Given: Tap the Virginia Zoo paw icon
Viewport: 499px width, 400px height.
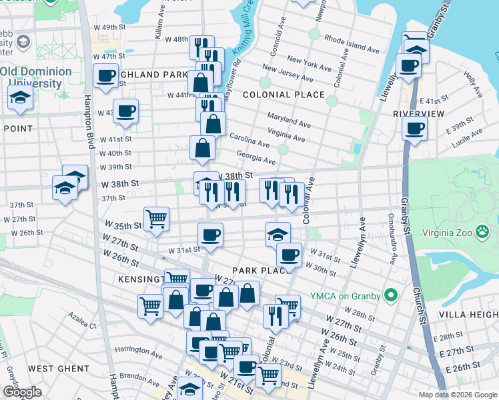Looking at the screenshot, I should coord(482,232).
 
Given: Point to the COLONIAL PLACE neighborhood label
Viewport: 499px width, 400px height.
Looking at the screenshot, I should coord(284,95).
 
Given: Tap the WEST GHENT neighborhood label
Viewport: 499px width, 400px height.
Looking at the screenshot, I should coord(59,368).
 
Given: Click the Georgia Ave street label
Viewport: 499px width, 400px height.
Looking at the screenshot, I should coord(256,161).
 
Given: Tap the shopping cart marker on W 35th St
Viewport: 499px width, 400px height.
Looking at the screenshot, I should coord(156,217).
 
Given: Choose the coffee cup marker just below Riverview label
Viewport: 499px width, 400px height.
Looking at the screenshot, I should coord(415,127).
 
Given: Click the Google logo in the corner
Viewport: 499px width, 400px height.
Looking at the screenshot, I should coord(22,392).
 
